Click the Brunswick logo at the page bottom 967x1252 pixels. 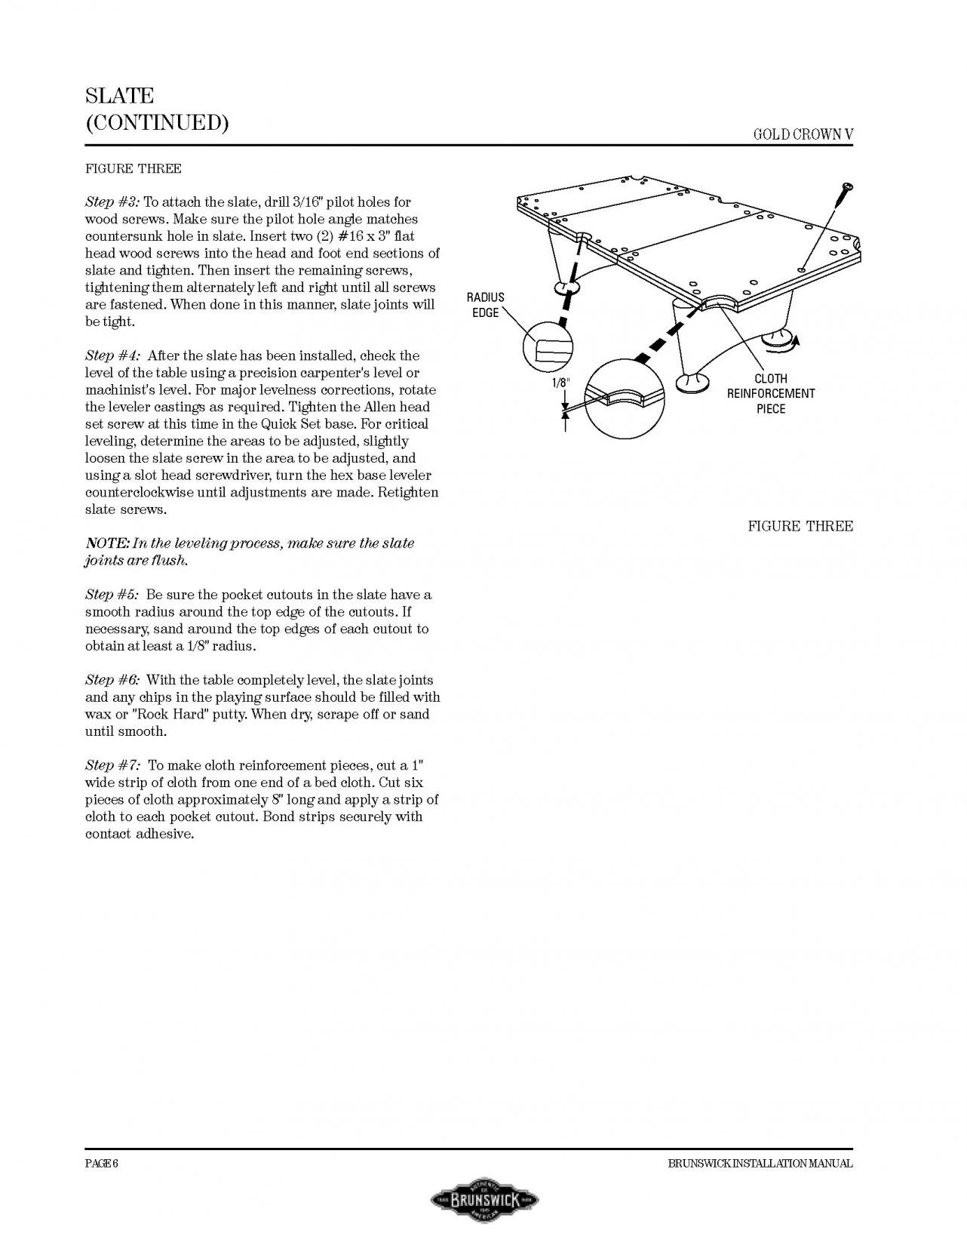click(x=483, y=1199)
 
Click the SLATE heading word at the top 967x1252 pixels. click(x=119, y=97)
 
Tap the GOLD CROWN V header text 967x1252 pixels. click(x=803, y=134)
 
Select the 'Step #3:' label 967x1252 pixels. click(x=112, y=202)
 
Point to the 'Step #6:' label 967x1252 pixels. click(x=112, y=680)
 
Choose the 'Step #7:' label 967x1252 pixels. click(x=112, y=765)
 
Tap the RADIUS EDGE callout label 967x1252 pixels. click(x=486, y=305)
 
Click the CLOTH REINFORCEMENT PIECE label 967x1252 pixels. click(x=770, y=393)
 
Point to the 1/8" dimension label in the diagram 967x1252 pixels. click(x=560, y=383)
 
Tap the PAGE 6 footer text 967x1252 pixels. click(x=101, y=1163)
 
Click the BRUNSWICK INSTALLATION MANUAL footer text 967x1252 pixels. click(x=760, y=1163)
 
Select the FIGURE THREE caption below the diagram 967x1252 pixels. click(x=800, y=526)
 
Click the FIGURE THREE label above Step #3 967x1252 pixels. click(x=133, y=168)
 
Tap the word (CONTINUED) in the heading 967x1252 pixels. click(x=157, y=123)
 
